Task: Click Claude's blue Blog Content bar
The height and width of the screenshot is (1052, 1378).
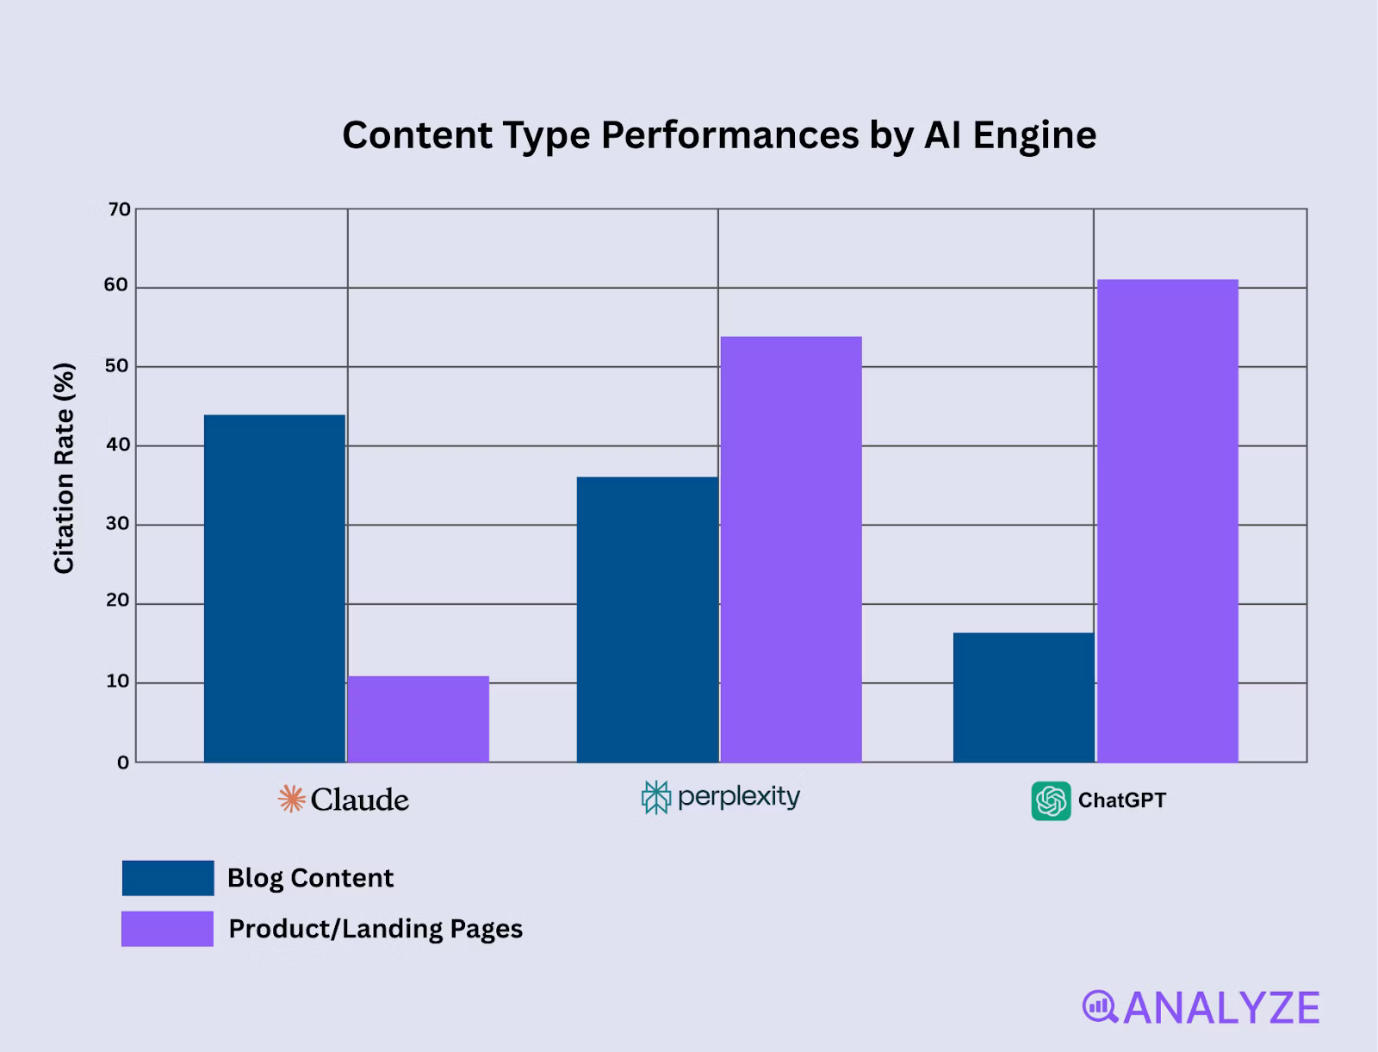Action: click(275, 588)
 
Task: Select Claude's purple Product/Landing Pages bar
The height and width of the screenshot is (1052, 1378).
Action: click(418, 719)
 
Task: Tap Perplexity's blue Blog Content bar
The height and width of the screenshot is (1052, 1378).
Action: click(647, 619)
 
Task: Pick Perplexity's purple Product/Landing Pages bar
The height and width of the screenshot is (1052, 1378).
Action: click(791, 549)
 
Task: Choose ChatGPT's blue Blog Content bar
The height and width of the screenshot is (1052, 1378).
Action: click(1023, 697)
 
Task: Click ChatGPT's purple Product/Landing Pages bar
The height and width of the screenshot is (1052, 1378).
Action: click(1167, 520)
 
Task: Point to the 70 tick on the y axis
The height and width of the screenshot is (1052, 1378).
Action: click(119, 209)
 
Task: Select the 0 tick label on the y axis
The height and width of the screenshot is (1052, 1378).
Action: click(123, 763)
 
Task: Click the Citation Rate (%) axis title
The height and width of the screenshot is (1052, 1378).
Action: click(65, 468)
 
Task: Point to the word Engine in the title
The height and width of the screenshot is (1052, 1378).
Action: click(1034, 135)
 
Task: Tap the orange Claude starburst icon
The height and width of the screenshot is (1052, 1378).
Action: click(291, 800)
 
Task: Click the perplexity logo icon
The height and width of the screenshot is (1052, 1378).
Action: click(655, 798)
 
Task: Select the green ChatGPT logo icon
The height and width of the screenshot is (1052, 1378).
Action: click(1051, 800)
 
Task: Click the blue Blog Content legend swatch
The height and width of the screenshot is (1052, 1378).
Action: click(168, 878)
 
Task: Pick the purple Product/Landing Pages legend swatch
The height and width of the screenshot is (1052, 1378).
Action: click(168, 929)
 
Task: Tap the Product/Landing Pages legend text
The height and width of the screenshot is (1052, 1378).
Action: click(376, 929)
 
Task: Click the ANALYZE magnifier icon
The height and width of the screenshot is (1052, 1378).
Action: click(1099, 1006)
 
